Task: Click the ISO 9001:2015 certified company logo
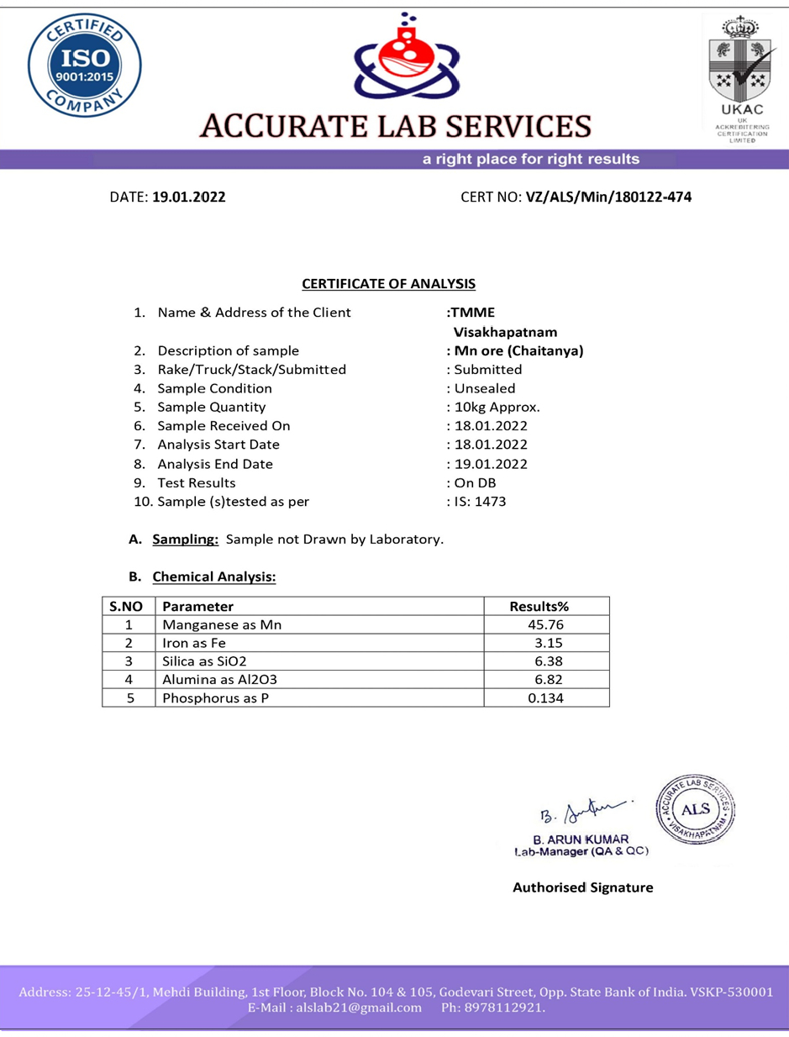click(x=84, y=65)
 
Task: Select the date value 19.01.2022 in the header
click(x=188, y=198)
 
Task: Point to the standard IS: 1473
click(x=479, y=502)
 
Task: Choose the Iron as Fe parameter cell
click(x=195, y=643)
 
